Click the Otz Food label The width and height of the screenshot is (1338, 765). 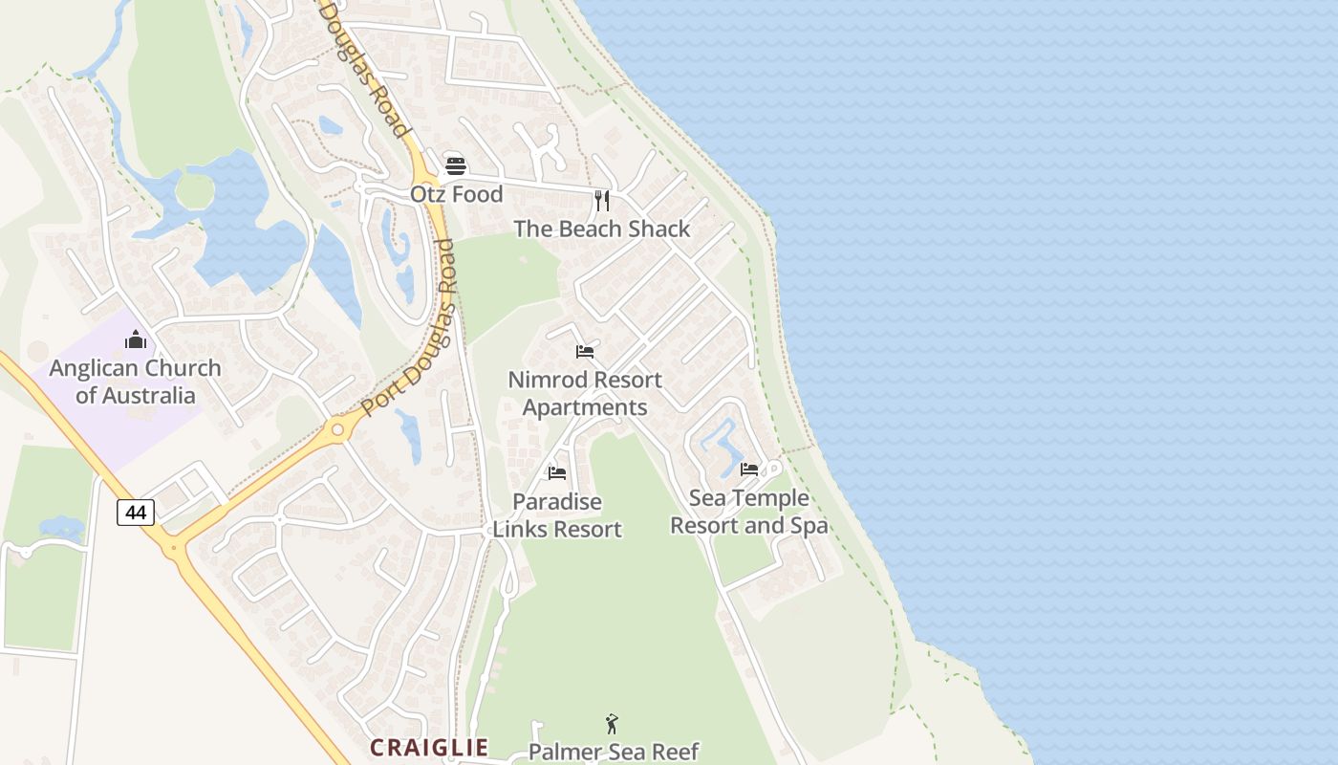pos(456,194)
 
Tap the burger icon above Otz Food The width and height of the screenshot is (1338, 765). pos(456,165)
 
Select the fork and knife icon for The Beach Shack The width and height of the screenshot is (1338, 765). pos(602,200)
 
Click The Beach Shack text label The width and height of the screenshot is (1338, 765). pos(601,229)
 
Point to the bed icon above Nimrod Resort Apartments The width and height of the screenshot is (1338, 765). pos(585,352)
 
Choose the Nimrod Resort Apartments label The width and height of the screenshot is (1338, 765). pos(585,393)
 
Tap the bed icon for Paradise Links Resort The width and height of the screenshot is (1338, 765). pos(557,473)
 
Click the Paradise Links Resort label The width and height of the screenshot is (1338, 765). pos(557,515)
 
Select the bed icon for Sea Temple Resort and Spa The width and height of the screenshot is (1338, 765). pos(749,470)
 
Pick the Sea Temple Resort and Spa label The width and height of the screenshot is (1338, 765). pos(749,512)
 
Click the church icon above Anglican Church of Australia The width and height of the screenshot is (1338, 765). pos(136,339)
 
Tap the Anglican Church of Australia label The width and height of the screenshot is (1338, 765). pos(136,382)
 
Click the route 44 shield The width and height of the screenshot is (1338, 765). pos(136,513)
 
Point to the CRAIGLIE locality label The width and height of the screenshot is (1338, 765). pos(429,748)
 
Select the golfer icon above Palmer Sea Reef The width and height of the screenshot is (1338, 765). pos(613,724)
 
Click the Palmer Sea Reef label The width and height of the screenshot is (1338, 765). pos(613,752)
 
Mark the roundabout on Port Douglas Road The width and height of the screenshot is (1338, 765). pos(336,429)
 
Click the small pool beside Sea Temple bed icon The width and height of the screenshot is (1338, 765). pos(719,444)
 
